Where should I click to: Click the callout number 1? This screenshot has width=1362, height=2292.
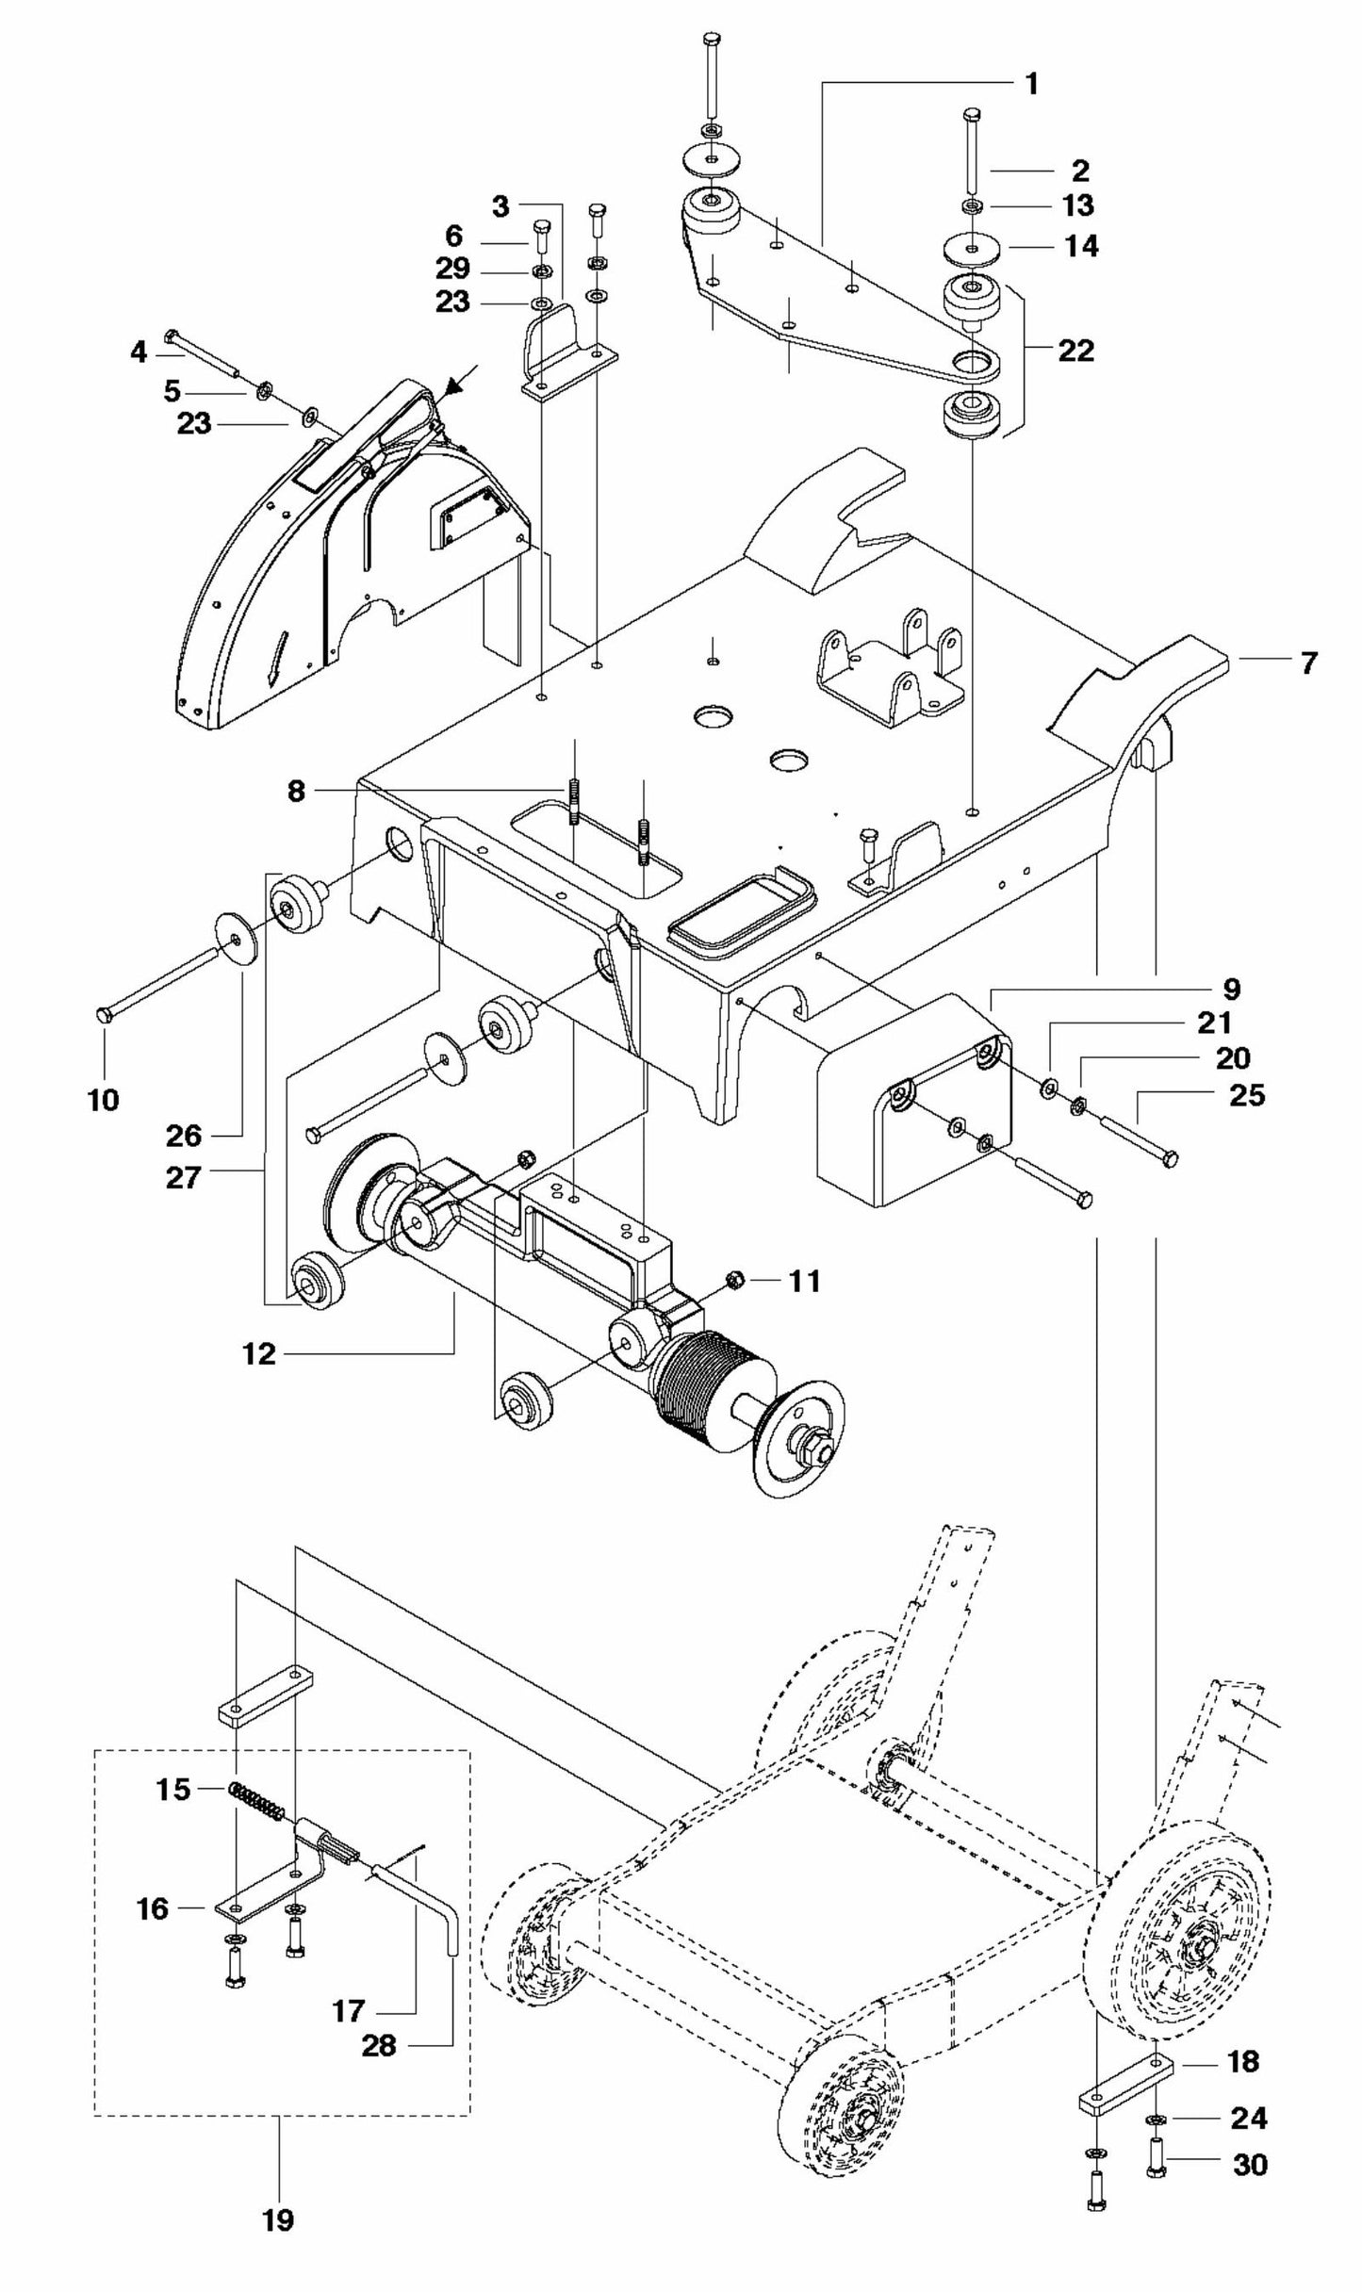[x=1031, y=84]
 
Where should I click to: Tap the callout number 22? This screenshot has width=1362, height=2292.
[x=1075, y=351]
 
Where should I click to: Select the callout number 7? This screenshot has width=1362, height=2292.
[x=1308, y=663]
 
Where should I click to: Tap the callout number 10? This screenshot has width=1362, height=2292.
[x=104, y=1099]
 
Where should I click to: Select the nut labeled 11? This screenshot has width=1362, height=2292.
[x=738, y=1279]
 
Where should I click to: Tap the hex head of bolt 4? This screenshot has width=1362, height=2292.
[x=172, y=336]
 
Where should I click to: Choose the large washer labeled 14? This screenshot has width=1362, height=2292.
[x=970, y=248]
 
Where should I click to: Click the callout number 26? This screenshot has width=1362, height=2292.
[x=184, y=1135]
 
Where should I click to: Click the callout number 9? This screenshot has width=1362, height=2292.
[x=1231, y=990]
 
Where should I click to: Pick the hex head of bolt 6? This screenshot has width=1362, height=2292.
[x=541, y=227]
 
